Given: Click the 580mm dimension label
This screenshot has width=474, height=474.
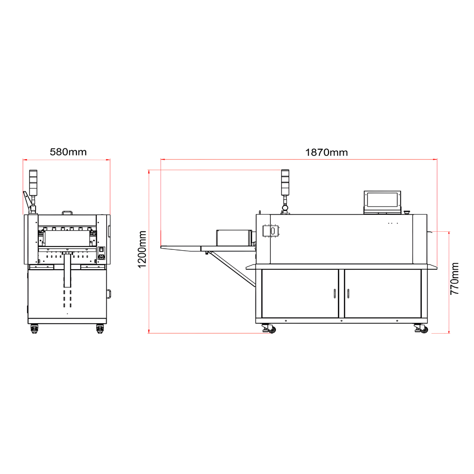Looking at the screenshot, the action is tap(68, 152).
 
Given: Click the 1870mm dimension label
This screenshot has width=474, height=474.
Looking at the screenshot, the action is tap(326, 152).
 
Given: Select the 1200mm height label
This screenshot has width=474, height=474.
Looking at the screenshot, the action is tap(142, 249).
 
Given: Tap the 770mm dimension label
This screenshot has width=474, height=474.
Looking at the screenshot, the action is tap(455, 278).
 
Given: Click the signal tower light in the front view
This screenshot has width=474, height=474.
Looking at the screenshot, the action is tap(33, 182).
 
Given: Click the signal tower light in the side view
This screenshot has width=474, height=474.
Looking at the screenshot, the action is tap(285, 182).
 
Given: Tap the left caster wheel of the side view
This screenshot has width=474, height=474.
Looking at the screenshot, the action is tap(270, 328).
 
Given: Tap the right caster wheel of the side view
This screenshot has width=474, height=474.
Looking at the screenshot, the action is tap(421, 328).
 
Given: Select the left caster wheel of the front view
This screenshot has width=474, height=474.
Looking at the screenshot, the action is tap(34, 328).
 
